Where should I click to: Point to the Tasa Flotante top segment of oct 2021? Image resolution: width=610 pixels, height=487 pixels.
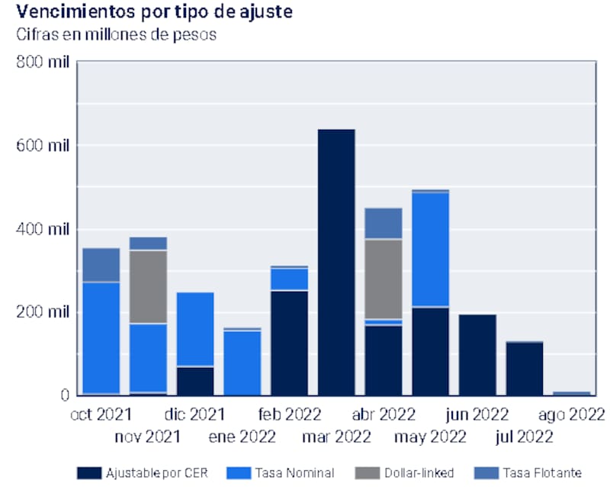coord(101,265)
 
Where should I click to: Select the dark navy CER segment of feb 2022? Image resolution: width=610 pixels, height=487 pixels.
coord(290,342)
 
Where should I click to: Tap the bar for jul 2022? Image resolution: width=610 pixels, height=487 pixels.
coord(525,368)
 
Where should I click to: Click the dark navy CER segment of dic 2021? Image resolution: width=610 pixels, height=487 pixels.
coord(195,381)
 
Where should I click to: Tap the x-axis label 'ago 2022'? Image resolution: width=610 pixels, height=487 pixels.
coord(571,414)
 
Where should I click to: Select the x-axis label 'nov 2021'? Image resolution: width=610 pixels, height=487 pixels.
coord(147,437)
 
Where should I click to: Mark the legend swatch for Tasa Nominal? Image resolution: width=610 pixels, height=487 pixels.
coord(244,472)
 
